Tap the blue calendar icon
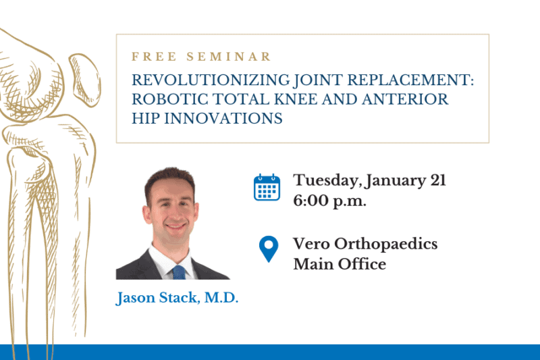tap(267, 187)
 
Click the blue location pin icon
tap(268, 249)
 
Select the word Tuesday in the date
tap(325, 181)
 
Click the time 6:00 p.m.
tap(330, 201)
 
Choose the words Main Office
tap(340, 264)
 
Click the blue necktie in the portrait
tap(178, 272)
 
